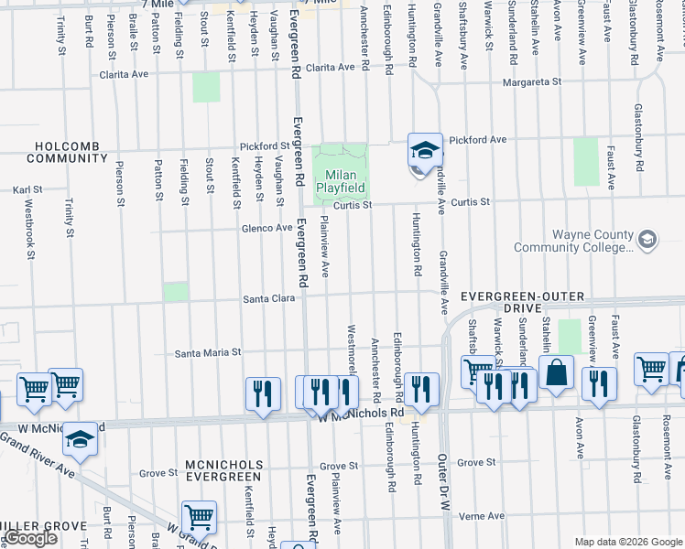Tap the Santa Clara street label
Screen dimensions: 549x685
point(266,299)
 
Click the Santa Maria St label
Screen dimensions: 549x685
point(208,352)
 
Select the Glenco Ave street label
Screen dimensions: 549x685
point(266,229)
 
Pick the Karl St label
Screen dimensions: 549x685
point(27,191)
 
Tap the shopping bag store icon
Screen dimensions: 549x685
point(556,373)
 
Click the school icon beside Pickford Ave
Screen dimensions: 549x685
point(424,148)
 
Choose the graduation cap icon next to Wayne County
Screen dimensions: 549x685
point(647,240)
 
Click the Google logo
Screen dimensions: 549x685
point(30,539)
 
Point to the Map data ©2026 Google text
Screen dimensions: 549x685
point(627,542)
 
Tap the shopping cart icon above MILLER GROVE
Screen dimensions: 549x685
point(199,518)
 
